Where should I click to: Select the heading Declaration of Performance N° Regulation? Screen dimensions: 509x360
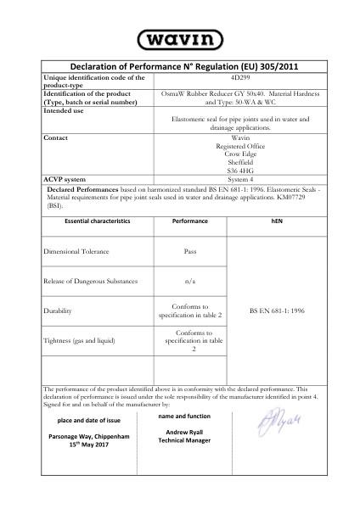pos(179,66)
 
